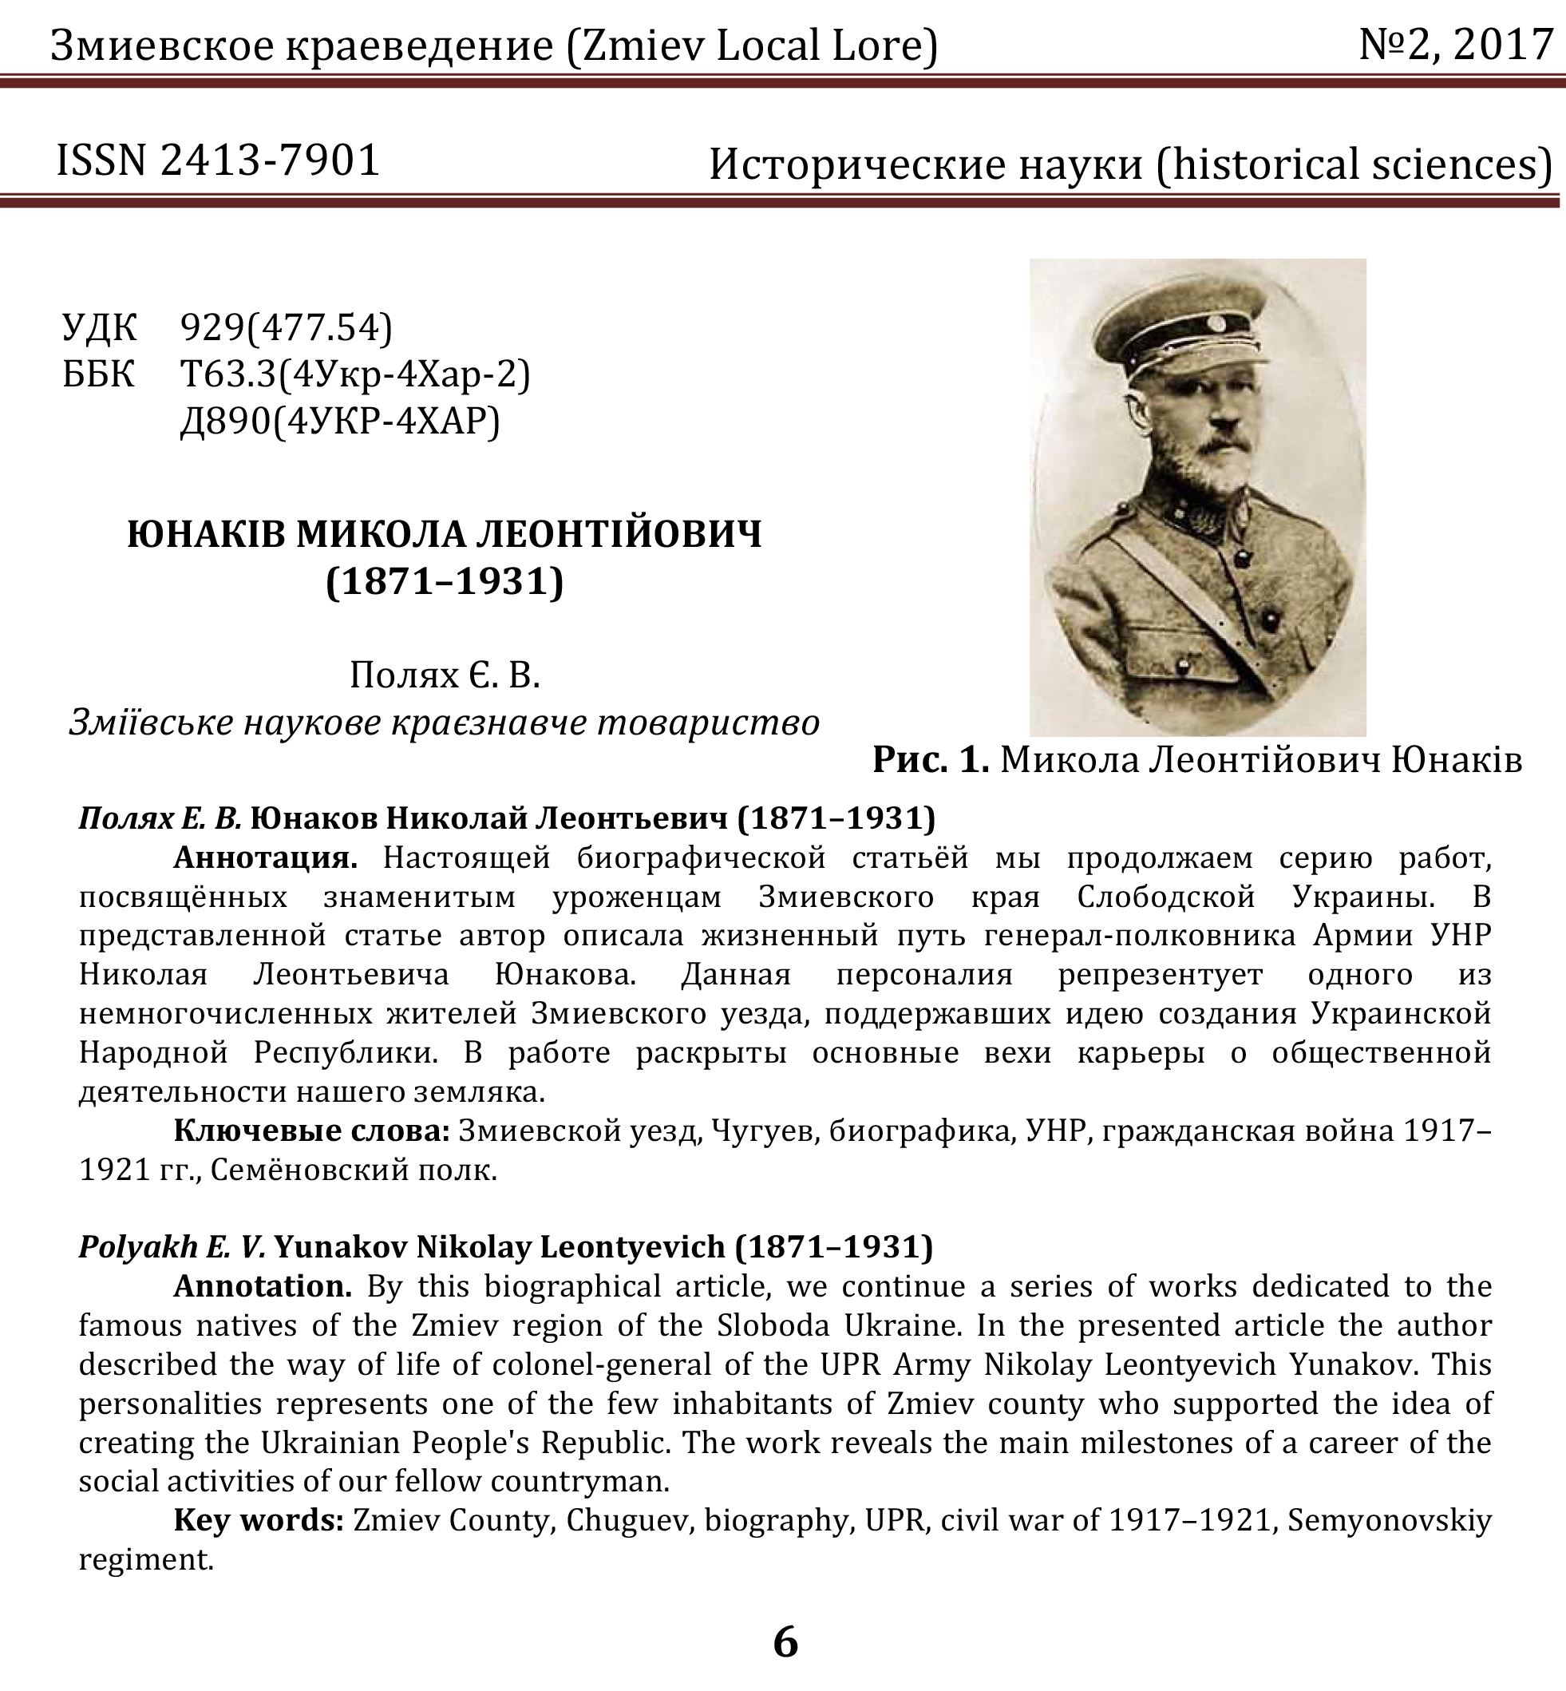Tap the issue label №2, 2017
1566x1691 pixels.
(1456, 45)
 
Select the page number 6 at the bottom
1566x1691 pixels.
(785, 1641)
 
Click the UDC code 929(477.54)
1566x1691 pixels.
(287, 327)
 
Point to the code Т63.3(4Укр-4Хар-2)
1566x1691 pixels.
(355, 374)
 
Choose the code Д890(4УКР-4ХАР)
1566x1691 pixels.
(340, 421)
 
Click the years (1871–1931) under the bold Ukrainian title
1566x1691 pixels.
(445, 581)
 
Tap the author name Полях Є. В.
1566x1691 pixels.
(445, 675)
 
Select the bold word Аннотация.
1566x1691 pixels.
(265, 857)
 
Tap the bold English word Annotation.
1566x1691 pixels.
(263, 1286)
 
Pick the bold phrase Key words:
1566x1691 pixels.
(259, 1520)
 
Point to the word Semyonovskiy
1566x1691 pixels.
(1389, 1520)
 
